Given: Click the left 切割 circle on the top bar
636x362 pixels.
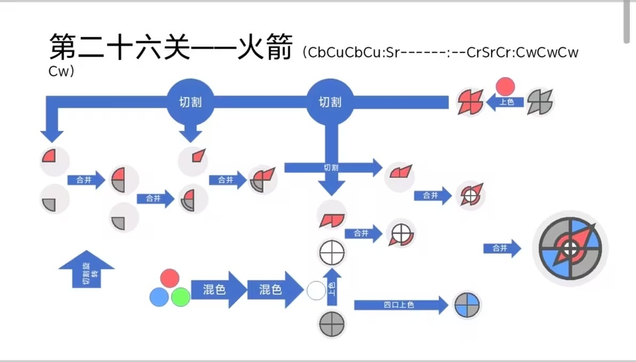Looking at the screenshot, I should click(190, 102).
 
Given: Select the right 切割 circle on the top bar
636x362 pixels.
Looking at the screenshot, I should click(330, 102).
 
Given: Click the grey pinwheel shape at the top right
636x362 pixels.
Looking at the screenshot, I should click(540, 101).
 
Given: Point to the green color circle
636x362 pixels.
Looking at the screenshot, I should click(181, 296).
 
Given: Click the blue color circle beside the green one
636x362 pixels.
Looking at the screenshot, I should click(159, 296).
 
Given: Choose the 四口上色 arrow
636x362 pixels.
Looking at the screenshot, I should click(400, 305).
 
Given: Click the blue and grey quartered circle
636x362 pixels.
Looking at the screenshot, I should click(467, 305).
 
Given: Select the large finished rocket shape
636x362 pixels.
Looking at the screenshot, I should click(570, 248).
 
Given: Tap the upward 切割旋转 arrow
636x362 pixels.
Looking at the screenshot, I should click(86, 270).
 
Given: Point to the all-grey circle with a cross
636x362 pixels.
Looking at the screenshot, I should click(332, 324).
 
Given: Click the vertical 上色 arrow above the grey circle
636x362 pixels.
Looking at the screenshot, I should click(332, 288).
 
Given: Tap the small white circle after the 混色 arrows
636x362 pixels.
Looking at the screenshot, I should click(316, 291).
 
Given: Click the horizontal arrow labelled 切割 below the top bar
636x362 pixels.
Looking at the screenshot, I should click(332, 168).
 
